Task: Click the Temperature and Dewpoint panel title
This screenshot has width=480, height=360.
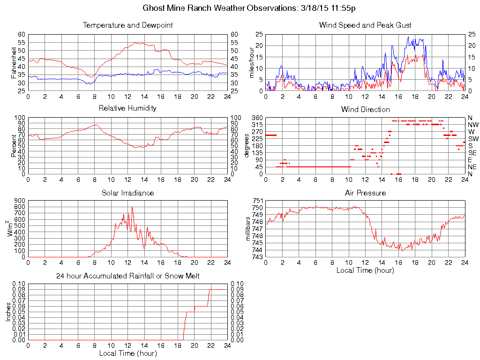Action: pos(127,25)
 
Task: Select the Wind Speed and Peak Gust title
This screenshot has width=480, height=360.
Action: pos(365,25)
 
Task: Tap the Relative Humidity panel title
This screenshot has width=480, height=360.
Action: pos(127,108)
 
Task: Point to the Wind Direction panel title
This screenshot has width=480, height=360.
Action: pos(365,110)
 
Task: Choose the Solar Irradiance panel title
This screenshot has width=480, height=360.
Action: pos(127,193)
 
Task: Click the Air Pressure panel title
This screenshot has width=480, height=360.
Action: pos(365,193)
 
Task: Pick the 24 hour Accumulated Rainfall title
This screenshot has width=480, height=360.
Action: pos(127,276)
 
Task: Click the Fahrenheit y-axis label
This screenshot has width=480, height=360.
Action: pos(14,63)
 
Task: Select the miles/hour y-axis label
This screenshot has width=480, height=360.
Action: pos(252,63)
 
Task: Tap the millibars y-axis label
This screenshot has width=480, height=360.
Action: pos(249,228)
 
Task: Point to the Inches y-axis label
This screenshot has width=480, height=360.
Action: pos(8,312)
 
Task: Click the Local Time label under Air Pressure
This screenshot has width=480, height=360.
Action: pos(365,270)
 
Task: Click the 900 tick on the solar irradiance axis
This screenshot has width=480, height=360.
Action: pos(20,201)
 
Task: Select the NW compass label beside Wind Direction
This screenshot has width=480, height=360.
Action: pos(473,125)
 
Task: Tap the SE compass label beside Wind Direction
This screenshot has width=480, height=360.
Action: pos(472,153)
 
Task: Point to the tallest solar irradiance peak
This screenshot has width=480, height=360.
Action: pos(132,207)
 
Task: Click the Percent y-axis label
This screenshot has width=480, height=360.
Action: pos(14,146)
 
